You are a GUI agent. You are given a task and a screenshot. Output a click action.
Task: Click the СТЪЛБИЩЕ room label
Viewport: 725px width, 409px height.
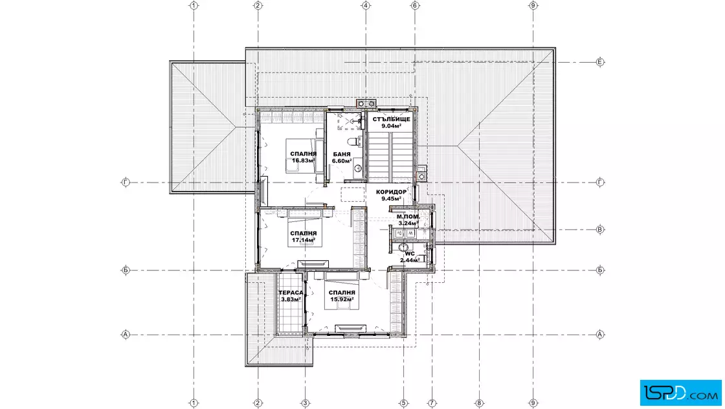(x=391, y=119)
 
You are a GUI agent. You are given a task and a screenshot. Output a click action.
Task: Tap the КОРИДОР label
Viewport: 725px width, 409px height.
(x=391, y=192)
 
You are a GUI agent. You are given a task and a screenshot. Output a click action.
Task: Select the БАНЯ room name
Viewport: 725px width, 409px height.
(x=342, y=155)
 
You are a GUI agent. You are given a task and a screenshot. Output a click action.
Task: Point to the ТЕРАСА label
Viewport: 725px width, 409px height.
(x=291, y=293)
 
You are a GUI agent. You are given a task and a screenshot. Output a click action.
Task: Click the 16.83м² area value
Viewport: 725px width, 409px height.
(x=304, y=161)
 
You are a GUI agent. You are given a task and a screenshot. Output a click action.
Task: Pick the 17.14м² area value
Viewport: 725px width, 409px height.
(x=304, y=240)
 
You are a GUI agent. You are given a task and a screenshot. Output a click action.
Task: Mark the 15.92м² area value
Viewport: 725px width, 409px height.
(x=342, y=299)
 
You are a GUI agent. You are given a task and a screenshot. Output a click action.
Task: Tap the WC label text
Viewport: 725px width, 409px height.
(x=410, y=254)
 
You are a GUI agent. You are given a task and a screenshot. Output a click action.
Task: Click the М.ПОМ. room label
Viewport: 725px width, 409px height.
(x=408, y=216)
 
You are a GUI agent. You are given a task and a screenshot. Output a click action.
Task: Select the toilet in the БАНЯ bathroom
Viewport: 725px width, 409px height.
(x=353, y=140)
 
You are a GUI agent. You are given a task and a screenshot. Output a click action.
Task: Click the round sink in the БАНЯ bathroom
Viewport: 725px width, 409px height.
(x=358, y=168)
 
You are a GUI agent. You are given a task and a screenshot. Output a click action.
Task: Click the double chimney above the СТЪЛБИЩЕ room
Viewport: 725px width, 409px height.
(x=366, y=104)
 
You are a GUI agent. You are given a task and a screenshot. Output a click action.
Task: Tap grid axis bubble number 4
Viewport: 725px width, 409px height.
(x=366, y=6)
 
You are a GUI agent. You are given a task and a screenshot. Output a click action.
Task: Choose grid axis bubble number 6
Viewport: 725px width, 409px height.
(x=415, y=6)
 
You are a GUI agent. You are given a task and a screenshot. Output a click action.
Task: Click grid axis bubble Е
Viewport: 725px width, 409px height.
(x=600, y=62)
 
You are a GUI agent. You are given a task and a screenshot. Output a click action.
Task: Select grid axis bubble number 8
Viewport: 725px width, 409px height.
(x=479, y=403)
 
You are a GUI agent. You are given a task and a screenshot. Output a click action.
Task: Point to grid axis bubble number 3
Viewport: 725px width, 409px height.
(x=305, y=403)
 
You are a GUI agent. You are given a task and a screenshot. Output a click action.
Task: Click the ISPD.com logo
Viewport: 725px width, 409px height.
(x=680, y=392)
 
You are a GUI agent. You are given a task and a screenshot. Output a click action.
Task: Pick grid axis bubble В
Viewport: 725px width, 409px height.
(x=600, y=229)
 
